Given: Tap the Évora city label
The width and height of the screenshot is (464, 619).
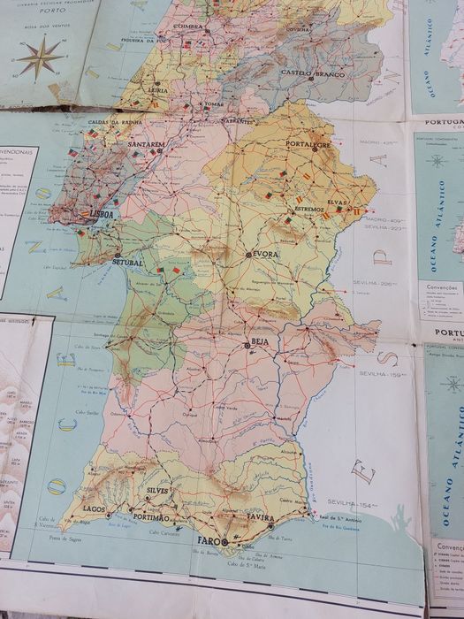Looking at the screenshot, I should click(264, 255).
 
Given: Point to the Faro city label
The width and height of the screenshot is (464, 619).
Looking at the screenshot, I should click(209, 539).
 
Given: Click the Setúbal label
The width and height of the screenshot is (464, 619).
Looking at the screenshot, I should click(127, 263).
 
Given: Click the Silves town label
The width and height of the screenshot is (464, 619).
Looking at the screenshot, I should click(158, 490).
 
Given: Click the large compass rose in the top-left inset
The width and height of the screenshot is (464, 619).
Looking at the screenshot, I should click(40, 58).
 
